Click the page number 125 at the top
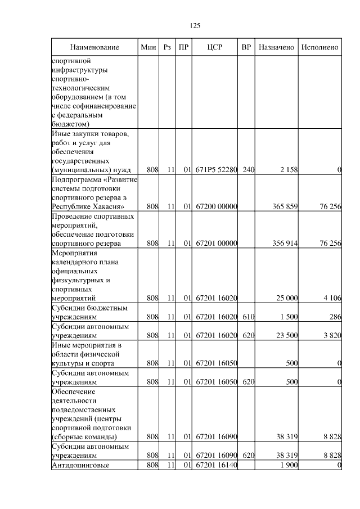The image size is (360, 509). click(195, 25)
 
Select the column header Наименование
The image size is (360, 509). click(94, 47)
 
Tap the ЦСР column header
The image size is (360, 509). click(215, 47)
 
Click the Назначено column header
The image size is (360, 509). click(276, 47)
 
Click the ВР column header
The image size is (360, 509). click(246, 47)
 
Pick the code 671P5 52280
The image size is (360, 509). click(217, 169)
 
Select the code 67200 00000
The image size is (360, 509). click(217, 206)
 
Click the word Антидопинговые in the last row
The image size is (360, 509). click(79, 465)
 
